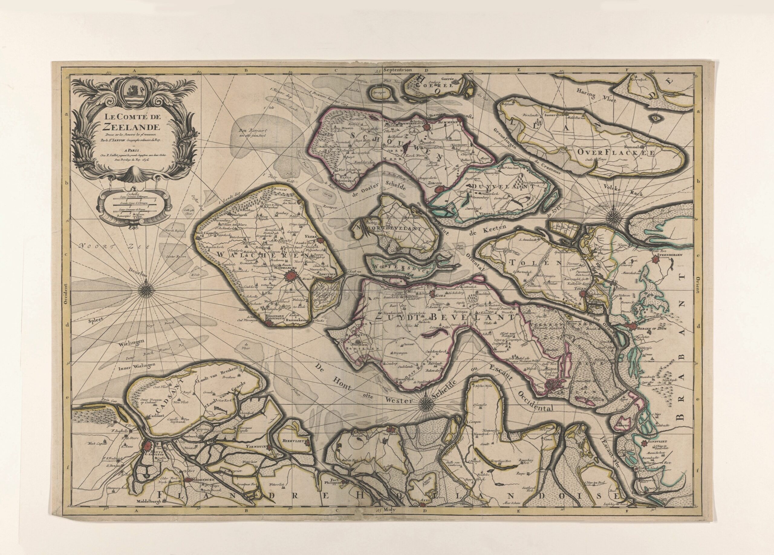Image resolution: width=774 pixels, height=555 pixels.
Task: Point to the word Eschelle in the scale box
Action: click(x=132, y=193)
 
